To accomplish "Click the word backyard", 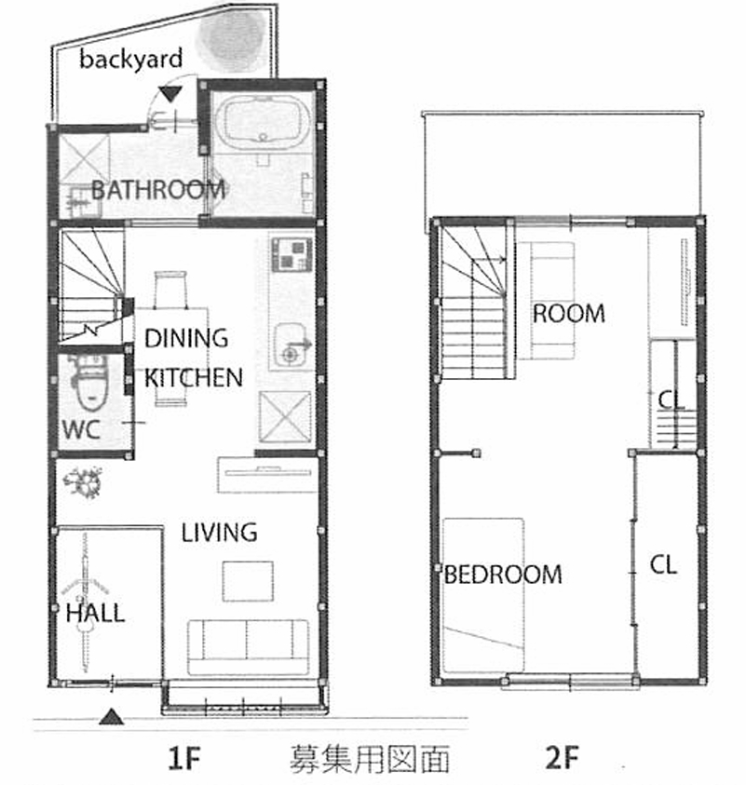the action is (130, 60).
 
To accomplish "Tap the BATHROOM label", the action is (158, 190).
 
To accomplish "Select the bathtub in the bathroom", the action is (261, 122).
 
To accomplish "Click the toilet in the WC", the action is (91, 382).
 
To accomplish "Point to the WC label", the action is (81, 429).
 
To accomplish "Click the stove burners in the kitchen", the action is (292, 255).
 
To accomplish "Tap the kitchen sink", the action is (290, 346).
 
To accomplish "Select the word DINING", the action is (186, 338).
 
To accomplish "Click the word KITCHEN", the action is (194, 377).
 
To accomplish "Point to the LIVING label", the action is (219, 533).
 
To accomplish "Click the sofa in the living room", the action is (249, 647).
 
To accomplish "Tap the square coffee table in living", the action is (248, 581).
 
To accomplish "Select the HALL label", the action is (95, 613).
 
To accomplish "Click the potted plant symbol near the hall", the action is (84, 482).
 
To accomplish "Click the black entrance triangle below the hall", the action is (111, 717).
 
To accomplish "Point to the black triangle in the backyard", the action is (170, 94).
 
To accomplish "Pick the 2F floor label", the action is (562, 757).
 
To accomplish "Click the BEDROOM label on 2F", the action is (503, 575).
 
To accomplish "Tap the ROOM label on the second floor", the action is (569, 314).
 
